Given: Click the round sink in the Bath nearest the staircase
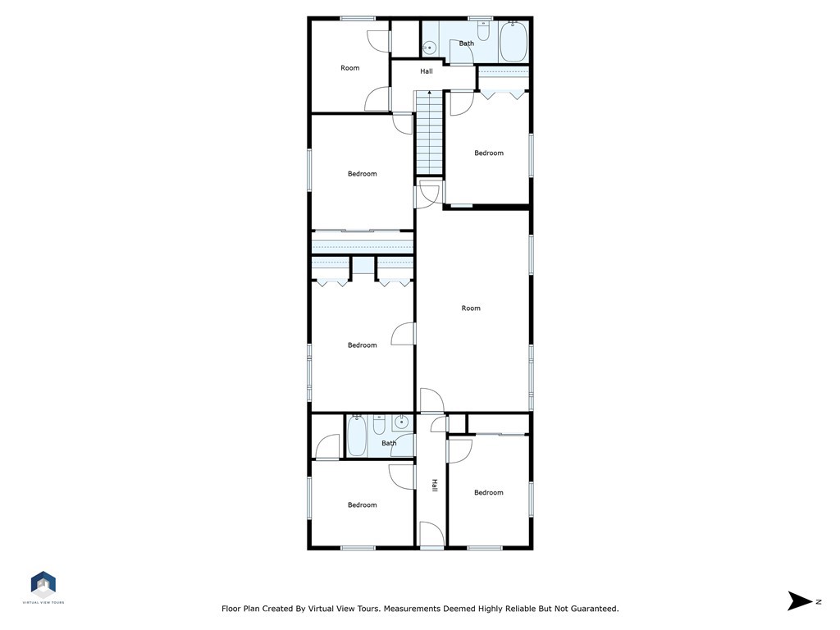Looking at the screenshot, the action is coord(428,49).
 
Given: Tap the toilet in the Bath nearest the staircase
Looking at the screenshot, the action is coord(484,31).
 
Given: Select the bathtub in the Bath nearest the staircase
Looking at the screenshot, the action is coord(514,41).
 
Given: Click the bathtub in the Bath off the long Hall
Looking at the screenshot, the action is coord(357,436).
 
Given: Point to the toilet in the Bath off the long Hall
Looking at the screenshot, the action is coord(379,425).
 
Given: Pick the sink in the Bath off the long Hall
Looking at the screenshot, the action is coord(401,422).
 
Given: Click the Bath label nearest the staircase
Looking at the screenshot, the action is coord(466,43).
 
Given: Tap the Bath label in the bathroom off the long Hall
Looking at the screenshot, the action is coord(389,443).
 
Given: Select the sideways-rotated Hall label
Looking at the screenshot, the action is coord(435,486).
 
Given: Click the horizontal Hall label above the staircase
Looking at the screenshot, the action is coord(427,71).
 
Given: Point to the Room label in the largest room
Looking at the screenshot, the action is coord(471,308).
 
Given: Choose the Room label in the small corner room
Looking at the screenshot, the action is coord(349,68).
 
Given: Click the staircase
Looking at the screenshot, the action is coord(430,133).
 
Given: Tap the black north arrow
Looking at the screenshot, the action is coord(799,601).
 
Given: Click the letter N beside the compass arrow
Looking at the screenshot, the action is coord(819,601).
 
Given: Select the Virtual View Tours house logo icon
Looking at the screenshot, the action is coord(43,584).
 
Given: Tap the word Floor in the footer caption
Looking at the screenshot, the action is coord(231,609).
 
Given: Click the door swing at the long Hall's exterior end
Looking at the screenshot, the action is coord(431,535).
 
